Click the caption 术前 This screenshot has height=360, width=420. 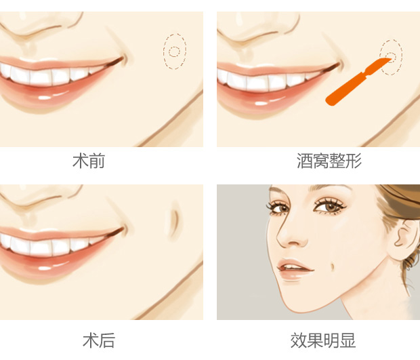click(x=89, y=161)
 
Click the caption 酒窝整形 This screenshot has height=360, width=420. click(x=329, y=161)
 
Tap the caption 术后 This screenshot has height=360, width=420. click(x=99, y=340)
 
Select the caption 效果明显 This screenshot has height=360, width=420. click(x=323, y=340)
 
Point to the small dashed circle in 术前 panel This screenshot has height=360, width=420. click(x=174, y=52)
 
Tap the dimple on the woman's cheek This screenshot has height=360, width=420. click(x=333, y=266)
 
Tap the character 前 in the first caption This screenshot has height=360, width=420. click(x=97, y=161)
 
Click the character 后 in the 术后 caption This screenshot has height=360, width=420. click(x=107, y=340)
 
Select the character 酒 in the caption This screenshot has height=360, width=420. click(x=305, y=161)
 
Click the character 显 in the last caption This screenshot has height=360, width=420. click(x=348, y=340)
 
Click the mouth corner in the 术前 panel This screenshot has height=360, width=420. click(x=122, y=60)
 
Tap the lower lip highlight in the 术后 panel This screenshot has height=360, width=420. click(x=43, y=268)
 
